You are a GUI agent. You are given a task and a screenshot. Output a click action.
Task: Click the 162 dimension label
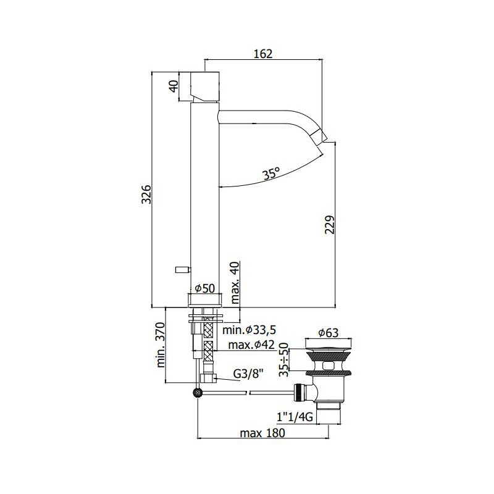point(263,54)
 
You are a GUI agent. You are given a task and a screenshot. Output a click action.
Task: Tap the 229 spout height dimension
point(330,225)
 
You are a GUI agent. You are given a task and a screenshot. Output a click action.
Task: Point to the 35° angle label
point(272,174)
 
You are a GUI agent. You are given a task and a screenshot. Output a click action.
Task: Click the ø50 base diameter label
point(205,288)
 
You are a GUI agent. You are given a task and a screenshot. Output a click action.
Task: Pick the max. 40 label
point(235,283)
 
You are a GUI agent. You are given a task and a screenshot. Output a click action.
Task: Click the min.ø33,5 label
point(249,330)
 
